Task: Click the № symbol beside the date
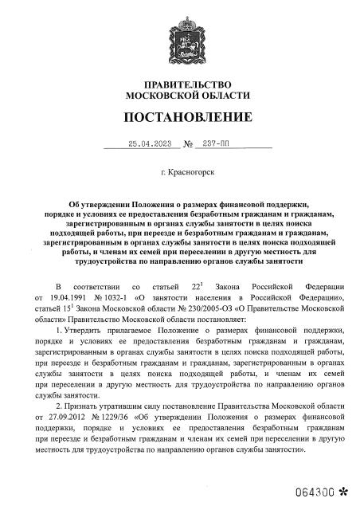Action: pos(189,144)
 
